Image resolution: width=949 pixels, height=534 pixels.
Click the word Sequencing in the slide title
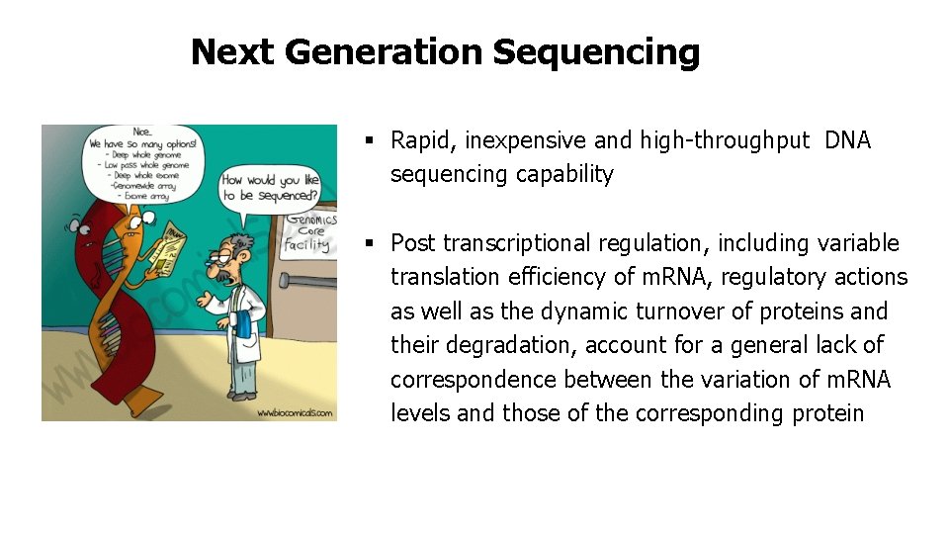click(596, 52)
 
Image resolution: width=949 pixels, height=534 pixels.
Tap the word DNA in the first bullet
click(847, 140)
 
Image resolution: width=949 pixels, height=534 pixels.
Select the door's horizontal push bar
click(307, 281)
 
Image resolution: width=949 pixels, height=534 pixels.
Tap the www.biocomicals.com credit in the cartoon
click(294, 412)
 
